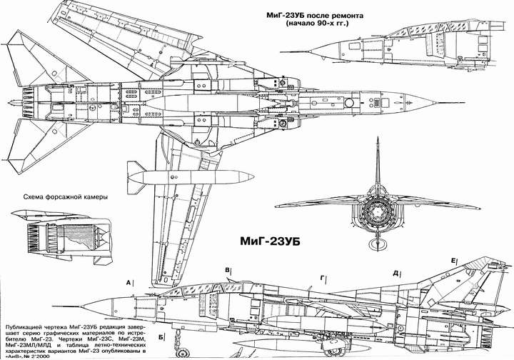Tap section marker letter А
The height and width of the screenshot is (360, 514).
[127, 284]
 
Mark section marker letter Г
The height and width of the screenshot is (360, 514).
[323, 276]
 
